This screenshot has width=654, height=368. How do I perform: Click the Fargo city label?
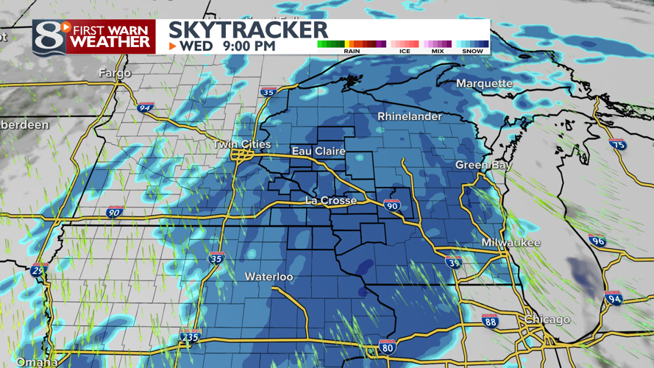(x=115, y=73)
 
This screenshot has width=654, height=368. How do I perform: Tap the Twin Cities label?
(x=242, y=144)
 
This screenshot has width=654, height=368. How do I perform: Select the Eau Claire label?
(x=319, y=151)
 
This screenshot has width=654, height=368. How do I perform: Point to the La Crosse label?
(x=331, y=200)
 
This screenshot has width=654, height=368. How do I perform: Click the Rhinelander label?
(x=410, y=116)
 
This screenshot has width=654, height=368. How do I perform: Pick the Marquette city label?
(x=484, y=83)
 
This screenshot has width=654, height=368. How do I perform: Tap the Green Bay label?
(x=483, y=165)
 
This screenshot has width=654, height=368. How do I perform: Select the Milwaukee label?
(x=511, y=242)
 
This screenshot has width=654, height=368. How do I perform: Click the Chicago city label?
(x=547, y=319)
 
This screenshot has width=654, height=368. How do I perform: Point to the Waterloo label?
(x=269, y=277)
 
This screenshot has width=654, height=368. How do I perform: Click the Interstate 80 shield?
(x=388, y=347)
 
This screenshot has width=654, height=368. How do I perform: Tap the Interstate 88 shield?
(x=490, y=322)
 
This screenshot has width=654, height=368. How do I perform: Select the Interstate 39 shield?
(x=454, y=262)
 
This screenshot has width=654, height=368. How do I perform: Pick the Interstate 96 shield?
(x=597, y=241)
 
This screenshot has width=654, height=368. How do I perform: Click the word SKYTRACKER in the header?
(x=248, y=29)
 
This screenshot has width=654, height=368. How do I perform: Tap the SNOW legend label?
(x=472, y=51)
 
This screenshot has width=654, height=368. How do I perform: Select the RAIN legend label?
(x=352, y=51)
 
